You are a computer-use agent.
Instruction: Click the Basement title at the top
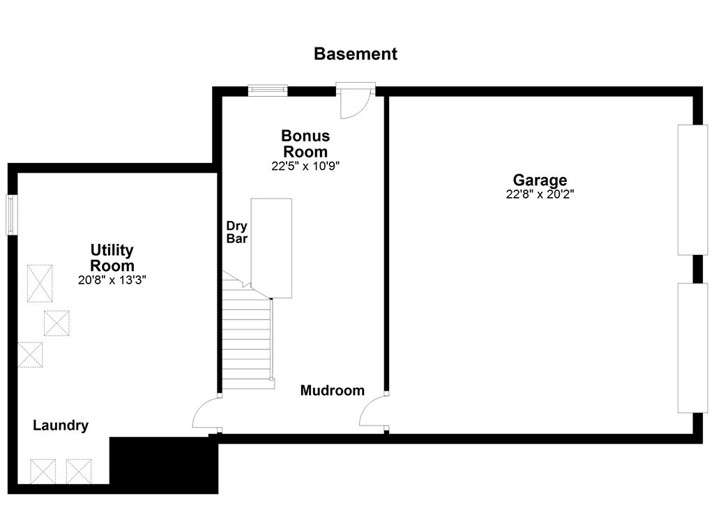356,54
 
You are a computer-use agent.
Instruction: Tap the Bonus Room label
305,143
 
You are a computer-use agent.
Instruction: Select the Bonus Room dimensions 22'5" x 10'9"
305,166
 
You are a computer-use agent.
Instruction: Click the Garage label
540,180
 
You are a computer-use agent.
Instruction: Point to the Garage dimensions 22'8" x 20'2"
540,195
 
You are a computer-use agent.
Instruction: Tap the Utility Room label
112,258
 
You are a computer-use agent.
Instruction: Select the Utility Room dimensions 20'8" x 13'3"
112,280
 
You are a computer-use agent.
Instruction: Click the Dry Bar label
237,232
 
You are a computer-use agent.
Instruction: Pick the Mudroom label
332,391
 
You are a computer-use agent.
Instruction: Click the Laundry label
61,426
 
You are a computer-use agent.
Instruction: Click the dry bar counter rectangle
271,247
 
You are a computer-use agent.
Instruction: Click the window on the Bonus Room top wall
268,89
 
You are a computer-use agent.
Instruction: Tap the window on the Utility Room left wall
11,215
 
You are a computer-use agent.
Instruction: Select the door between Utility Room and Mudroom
206,415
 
